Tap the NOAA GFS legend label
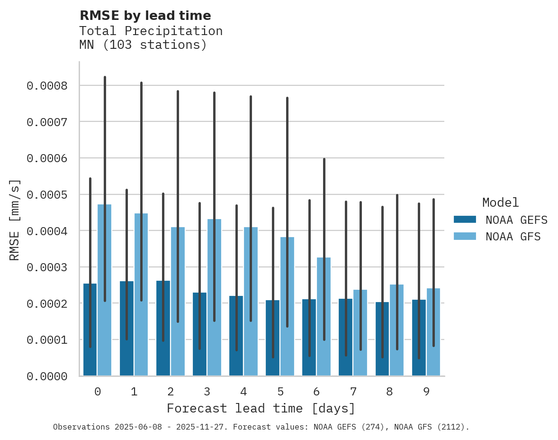513,236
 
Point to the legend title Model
501,202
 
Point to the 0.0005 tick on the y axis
46,195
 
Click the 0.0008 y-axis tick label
46,86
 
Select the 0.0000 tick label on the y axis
46,376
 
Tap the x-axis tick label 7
353,392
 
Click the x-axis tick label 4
243,392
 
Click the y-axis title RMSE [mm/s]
15,220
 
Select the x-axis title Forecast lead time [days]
261,408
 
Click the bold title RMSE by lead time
145,16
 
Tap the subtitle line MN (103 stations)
143,45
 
